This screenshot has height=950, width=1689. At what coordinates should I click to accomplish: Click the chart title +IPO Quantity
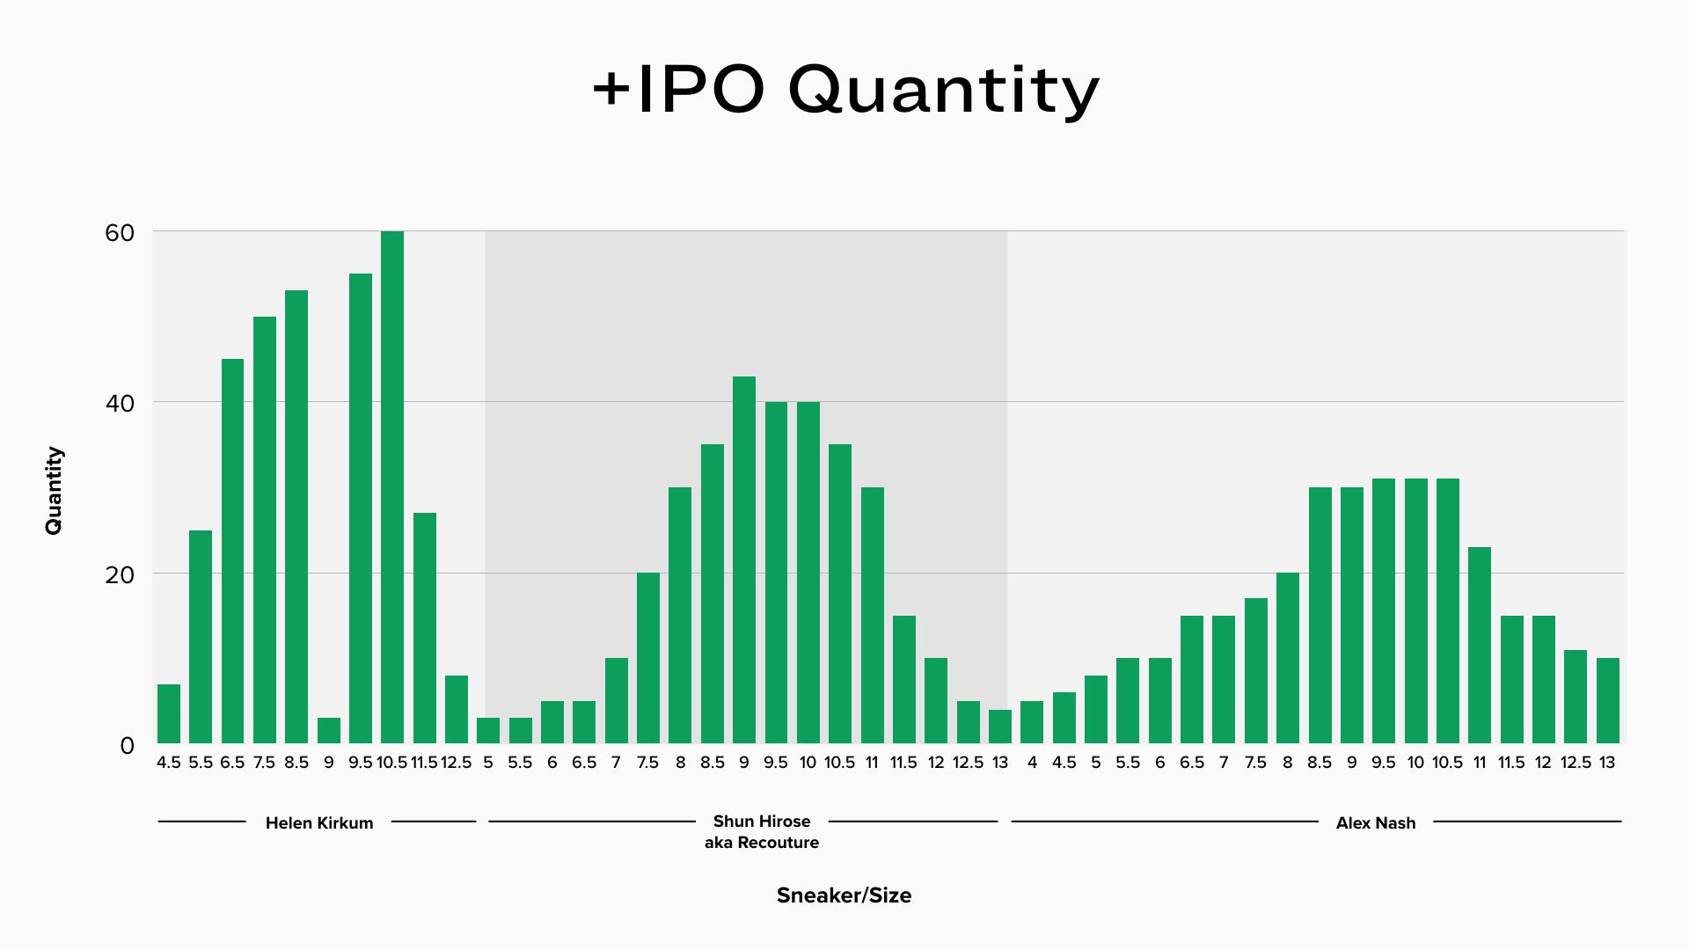click(845, 91)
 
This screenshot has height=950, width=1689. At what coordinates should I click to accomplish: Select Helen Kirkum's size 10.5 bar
click(392, 487)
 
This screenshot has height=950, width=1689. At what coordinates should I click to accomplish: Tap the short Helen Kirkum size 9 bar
click(329, 731)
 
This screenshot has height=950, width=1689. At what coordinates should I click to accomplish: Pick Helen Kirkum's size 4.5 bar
click(169, 714)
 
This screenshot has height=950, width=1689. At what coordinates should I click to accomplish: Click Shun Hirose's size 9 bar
click(744, 560)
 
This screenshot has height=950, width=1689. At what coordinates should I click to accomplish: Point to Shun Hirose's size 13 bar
click(1000, 727)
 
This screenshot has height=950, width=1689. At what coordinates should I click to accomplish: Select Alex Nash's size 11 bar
click(1480, 646)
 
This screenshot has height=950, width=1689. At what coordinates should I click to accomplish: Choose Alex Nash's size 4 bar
click(1032, 722)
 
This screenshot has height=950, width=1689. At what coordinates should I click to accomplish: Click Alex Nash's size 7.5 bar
click(1256, 671)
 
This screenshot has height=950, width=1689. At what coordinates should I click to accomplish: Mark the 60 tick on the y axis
click(120, 233)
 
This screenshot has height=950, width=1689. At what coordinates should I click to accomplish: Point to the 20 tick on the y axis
click(120, 575)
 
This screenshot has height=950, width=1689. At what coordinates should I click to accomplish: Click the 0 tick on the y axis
click(128, 746)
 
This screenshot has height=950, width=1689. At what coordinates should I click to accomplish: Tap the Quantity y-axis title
click(54, 490)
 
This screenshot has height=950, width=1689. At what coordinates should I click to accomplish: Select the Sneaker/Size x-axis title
click(844, 895)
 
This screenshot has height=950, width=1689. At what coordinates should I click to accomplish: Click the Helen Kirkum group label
click(319, 823)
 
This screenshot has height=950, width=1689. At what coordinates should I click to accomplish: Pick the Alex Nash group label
click(1376, 823)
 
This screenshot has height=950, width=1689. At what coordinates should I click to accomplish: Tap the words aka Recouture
click(762, 843)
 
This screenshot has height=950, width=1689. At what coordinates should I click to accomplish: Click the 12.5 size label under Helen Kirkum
click(457, 763)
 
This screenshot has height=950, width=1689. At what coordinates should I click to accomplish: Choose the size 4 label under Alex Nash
click(1032, 763)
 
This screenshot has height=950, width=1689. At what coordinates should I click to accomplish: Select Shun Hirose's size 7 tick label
click(616, 763)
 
